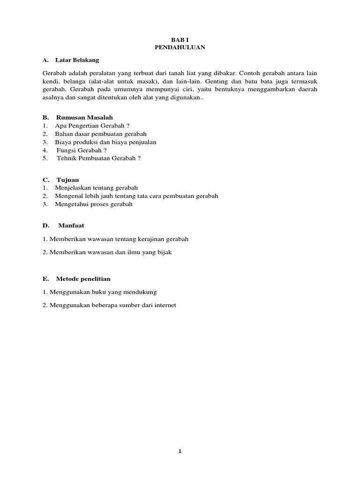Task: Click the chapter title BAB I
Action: click(x=180, y=40)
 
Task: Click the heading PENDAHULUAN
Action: click(x=180, y=47)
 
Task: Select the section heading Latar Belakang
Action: click(x=77, y=60)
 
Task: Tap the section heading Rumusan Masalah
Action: click(x=84, y=117)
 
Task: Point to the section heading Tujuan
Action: click(x=67, y=180)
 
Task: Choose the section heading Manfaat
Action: click(x=71, y=225)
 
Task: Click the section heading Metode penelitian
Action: click(x=83, y=278)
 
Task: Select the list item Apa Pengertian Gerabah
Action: click(x=92, y=125)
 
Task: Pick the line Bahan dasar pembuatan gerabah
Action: click(x=101, y=134)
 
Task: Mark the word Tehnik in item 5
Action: click(x=65, y=158)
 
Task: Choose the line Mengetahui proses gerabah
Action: click(x=94, y=204)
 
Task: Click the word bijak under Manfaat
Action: click(x=165, y=252)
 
